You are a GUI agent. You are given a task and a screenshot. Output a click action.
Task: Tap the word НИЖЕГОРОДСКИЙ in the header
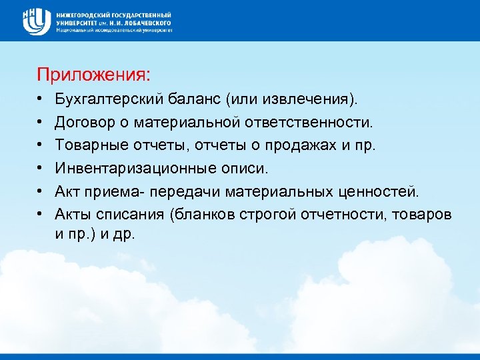pyautogui.click(x=87, y=14)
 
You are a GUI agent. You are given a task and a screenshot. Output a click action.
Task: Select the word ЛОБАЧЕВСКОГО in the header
pyautogui.click(x=145, y=22)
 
